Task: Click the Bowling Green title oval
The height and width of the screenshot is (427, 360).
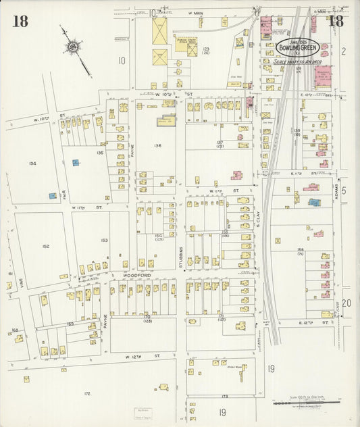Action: pos(298,48)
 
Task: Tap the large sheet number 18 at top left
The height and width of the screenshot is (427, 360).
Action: pos(20,21)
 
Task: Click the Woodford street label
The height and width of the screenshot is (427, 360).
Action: pos(134,276)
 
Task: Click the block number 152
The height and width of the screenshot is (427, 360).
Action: pos(45,246)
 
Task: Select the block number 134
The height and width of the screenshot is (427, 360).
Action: pos(32,163)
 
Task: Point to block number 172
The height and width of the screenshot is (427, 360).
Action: pos(86,392)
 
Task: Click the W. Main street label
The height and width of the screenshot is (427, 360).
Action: pos(190,12)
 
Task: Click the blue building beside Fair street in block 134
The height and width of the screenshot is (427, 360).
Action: pos(52,196)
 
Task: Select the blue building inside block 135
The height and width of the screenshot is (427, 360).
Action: pos(76,163)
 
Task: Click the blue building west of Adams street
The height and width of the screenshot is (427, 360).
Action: pos(314,202)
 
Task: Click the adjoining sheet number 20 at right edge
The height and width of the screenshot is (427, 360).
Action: pos(345,303)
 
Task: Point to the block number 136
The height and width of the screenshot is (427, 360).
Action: pos(157,145)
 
